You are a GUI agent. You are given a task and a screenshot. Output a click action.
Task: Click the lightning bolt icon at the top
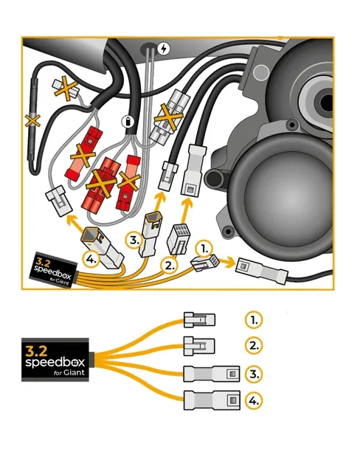tap(163, 49)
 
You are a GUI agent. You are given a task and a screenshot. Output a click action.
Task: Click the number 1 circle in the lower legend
tap(252, 319)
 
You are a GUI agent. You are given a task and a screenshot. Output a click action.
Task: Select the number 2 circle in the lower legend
tap(252, 345)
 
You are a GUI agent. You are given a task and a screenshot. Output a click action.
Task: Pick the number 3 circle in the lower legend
tap(252, 373)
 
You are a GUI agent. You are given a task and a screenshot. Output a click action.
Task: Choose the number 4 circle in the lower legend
tap(252, 401)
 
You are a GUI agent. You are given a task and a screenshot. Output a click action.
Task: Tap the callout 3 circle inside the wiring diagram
tap(133, 240)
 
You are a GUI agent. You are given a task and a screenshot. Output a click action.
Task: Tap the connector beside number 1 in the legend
tap(199, 319)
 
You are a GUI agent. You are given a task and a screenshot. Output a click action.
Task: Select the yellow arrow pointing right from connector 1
tap(225, 260)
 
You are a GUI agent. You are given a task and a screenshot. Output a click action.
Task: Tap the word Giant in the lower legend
tap(73, 373)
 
